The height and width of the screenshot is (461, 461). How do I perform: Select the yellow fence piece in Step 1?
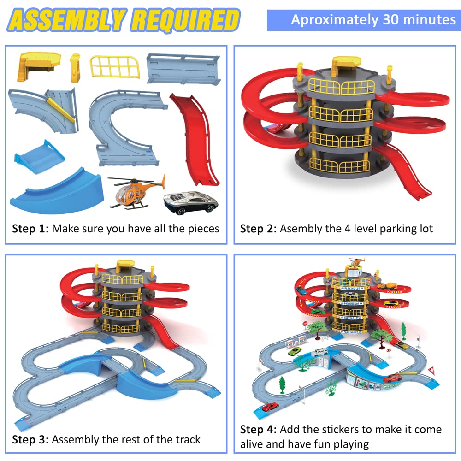(x=115, y=67)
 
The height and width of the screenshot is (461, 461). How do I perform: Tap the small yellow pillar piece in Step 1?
(x=75, y=68)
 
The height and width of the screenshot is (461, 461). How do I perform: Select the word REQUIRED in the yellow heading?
(x=185, y=20)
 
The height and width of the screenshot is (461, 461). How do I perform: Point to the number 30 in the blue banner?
(x=391, y=20)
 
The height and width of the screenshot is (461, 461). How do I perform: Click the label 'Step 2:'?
(x=258, y=229)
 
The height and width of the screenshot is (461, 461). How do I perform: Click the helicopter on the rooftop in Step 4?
(x=356, y=261)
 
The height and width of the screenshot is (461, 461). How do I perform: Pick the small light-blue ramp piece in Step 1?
(x=39, y=157)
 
